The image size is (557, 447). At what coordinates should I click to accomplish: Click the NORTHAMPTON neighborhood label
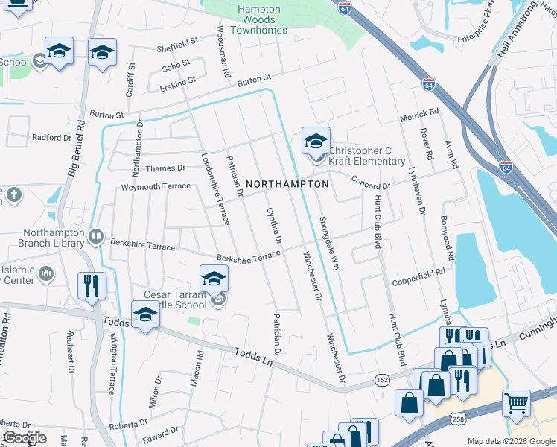point(287,183)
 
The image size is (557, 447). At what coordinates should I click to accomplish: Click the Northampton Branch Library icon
point(95,238)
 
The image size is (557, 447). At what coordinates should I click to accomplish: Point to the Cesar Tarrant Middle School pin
point(214,279)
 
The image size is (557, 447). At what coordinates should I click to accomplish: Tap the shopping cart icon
point(516,403)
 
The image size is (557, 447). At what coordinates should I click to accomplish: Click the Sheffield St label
point(178,47)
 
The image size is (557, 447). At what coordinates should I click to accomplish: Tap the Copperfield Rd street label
point(418,284)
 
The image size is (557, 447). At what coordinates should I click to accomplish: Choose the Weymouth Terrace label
point(156,186)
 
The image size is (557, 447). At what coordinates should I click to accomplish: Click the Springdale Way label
point(329,243)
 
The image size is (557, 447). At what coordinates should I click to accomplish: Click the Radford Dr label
point(51,137)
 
